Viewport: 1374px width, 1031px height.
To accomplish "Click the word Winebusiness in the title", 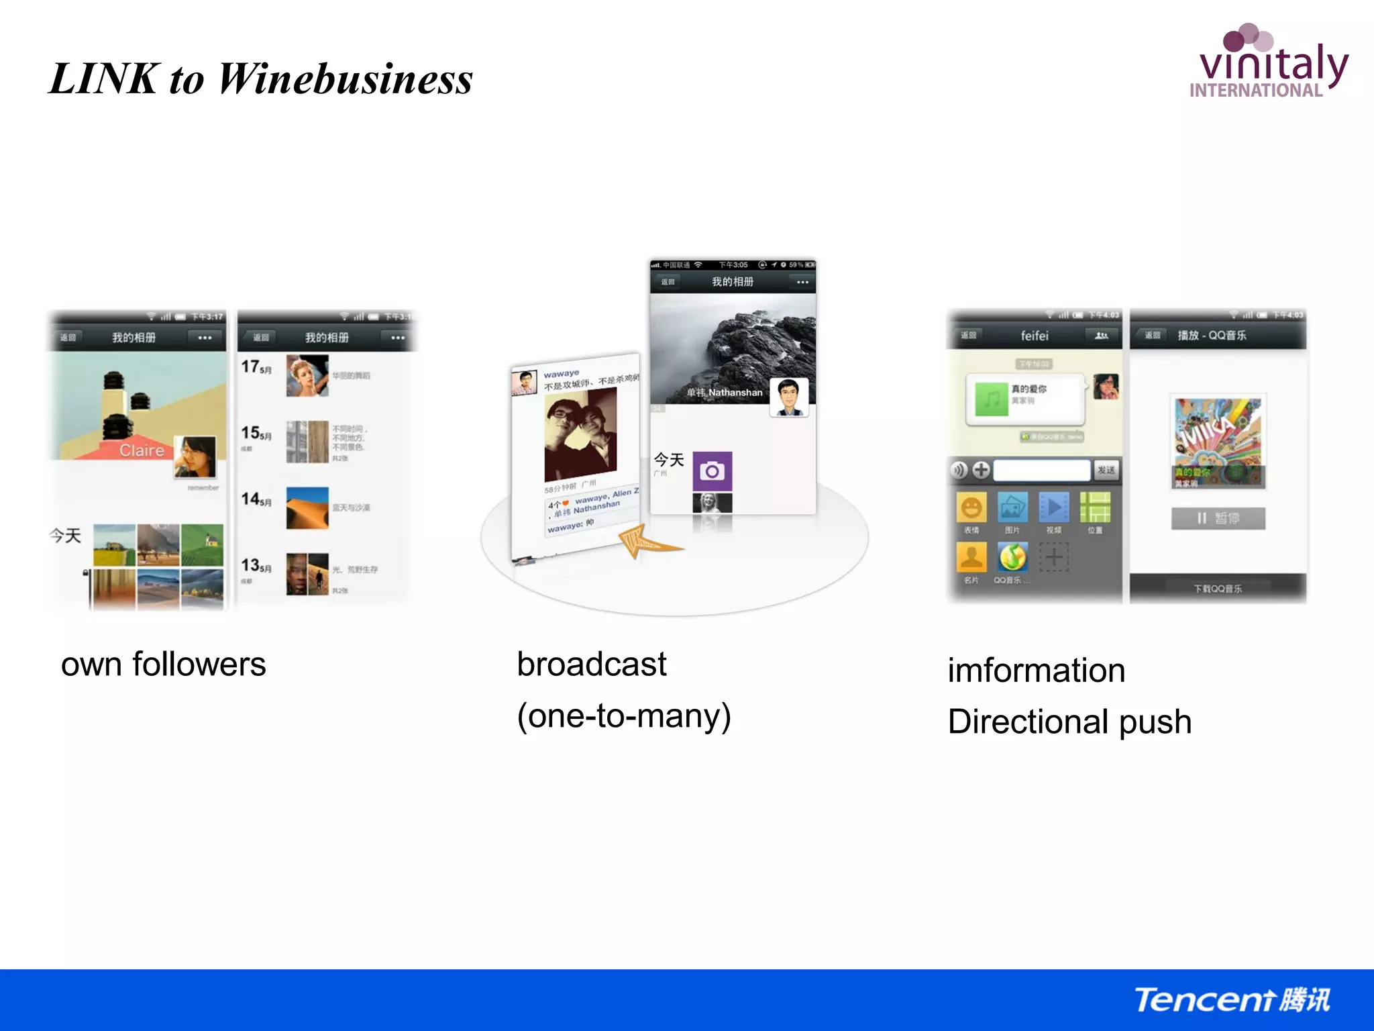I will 345,79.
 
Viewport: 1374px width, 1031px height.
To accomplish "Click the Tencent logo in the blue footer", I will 1232,1000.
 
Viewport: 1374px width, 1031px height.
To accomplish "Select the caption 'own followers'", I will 163,665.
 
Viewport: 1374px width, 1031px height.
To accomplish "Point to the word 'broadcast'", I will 591,665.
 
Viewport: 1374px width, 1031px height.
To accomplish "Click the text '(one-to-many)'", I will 623,716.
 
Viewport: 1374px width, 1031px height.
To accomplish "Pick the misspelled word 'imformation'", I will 1036,671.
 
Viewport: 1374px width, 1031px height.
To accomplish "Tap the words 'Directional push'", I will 1069,722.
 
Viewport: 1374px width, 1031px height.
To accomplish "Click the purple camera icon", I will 712,471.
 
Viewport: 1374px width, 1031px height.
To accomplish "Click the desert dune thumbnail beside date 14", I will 307,508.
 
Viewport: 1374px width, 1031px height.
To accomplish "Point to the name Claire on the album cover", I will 142,450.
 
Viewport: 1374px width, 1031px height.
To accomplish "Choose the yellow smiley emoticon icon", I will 971,508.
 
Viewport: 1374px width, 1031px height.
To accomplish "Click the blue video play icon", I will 1053,507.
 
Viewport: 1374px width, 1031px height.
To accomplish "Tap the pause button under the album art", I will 1218,518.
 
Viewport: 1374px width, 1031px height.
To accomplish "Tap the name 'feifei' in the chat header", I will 1034,336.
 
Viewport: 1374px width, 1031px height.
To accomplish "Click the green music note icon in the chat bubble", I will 992,400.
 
